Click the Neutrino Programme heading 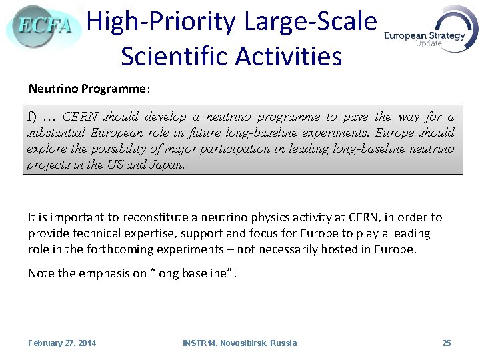pos(89,89)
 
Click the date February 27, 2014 pos(62,343)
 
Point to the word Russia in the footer pos(283,343)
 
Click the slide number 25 pos(447,343)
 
